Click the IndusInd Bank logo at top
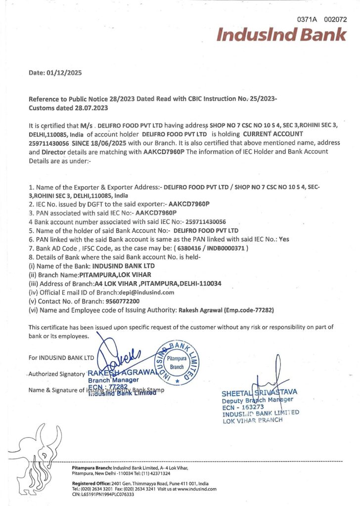click(281, 35)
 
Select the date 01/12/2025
click(65, 73)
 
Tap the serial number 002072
click(335, 20)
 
